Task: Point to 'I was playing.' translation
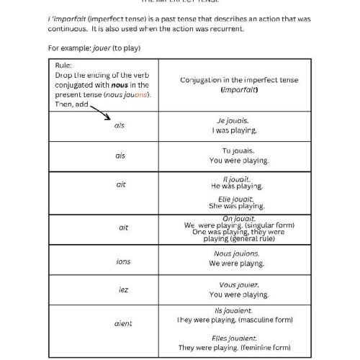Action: click(234, 131)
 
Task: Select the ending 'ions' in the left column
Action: click(123, 261)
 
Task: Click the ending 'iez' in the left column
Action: click(123, 289)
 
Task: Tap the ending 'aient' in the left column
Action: click(123, 323)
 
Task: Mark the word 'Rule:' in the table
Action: click(63, 65)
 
